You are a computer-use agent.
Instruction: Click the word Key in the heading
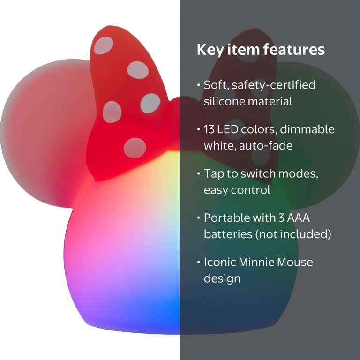coord(210,50)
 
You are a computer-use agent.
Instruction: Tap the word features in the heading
coord(294,49)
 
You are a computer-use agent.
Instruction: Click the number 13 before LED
coord(209,129)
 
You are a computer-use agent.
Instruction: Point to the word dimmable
coord(307,129)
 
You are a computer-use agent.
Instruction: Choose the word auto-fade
coord(266,146)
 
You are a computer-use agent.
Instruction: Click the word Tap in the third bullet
coord(214,174)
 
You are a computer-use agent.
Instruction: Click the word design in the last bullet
coord(222,278)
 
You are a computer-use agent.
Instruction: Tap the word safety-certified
coord(274,85)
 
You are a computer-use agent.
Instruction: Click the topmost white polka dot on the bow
coord(104,45)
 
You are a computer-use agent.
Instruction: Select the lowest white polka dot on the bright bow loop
coord(135,148)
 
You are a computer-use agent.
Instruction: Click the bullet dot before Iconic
coord(199,262)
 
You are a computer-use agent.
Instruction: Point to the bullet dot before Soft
coord(199,85)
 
